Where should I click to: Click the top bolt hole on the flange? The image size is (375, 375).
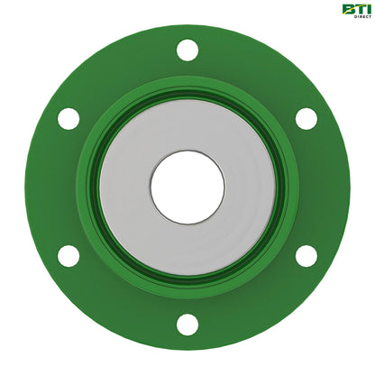(x=187, y=50)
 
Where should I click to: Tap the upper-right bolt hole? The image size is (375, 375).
(x=306, y=118)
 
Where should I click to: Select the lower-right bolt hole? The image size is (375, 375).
(x=306, y=255)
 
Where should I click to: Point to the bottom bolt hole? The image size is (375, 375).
(x=187, y=324)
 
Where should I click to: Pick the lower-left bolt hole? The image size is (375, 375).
(x=69, y=255)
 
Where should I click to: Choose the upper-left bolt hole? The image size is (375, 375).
(x=69, y=118)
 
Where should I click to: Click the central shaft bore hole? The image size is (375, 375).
(x=187, y=187)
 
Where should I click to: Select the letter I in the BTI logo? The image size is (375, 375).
(x=367, y=10)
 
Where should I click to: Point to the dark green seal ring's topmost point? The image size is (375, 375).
(x=187, y=96)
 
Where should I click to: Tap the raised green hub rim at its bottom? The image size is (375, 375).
(x=187, y=290)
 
